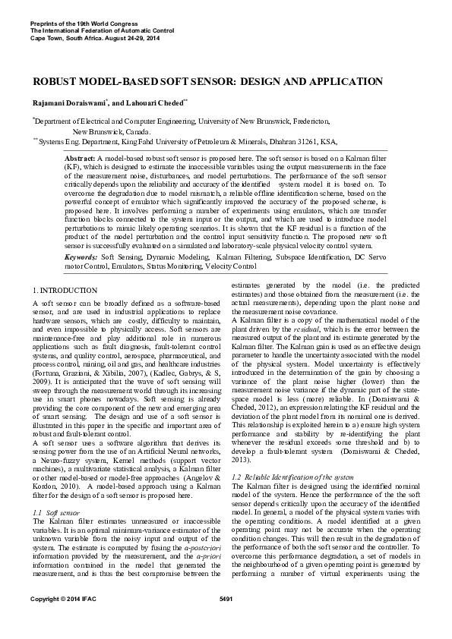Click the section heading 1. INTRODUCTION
coord(65,291)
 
